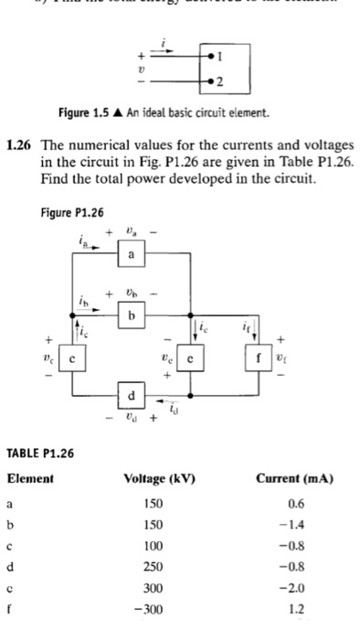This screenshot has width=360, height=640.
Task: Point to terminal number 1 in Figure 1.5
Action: click(217, 53)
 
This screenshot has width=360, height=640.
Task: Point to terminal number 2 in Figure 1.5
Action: click(217, 80)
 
